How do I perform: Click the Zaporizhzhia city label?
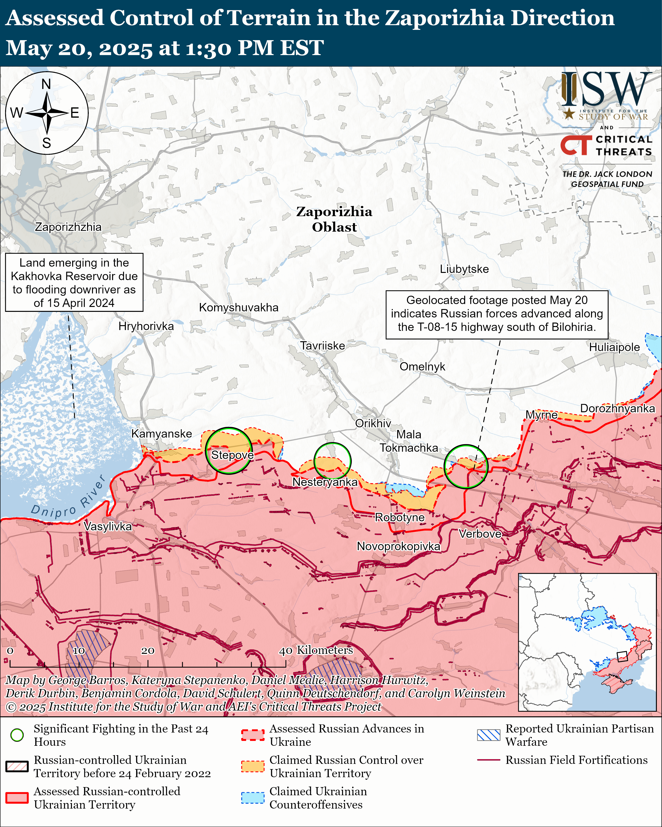(x=68, y=227)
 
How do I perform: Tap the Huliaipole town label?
(x=614, y=347)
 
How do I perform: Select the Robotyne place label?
(x=400, y=517)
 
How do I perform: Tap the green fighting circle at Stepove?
(x=229, y=451)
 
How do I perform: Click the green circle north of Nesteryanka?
(x=332, y=461)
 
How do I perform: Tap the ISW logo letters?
(x=604, y=90)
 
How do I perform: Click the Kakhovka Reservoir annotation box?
(x=74, y=282)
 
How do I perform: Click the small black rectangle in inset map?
(x=622, y=656)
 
